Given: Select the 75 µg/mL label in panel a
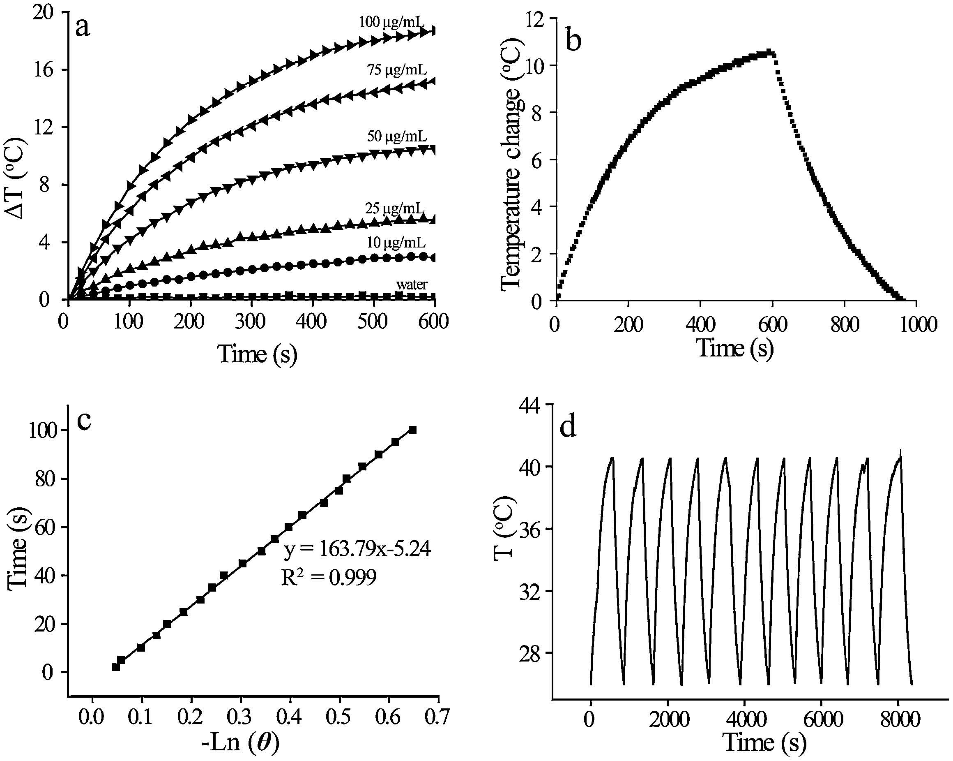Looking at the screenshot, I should pyautogui.click(x=396, y=70).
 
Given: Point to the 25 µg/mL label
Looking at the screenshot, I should pyautogui.click(x=395, y=208).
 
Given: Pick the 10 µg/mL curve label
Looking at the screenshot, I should pyautogui.click(x=396, y=243).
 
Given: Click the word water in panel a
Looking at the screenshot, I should pyautogui.click(x=412, y=285).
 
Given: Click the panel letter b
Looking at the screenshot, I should pyautogui.click(x=573, y=41).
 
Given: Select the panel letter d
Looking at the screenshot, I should pyautogui.click(x=568, y=428).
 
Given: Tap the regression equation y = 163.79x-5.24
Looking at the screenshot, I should pyautogui.click(x=357, y=550).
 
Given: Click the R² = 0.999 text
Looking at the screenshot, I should pyautogui.click(x=329, y=577).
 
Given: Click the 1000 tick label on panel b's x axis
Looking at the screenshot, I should pyautogui.click(x=916, y=325).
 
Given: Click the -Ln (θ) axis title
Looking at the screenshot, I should pyautogui.click(x=240, y=742).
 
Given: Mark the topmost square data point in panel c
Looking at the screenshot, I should pyautogui.click(x=412, y=430).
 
